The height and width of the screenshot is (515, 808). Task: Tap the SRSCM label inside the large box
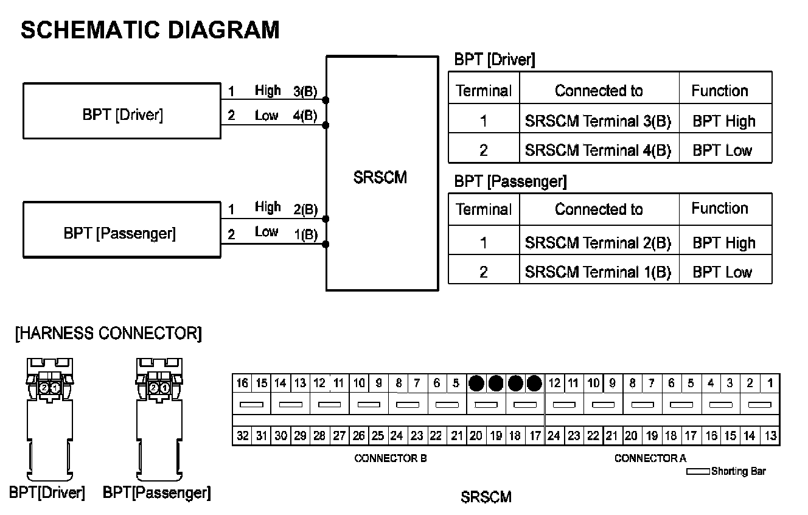point(380,178)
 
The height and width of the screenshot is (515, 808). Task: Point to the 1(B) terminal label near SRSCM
point(305,234)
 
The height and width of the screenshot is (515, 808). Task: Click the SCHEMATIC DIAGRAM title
point(150,29)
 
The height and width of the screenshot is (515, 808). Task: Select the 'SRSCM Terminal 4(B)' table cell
point(598,150)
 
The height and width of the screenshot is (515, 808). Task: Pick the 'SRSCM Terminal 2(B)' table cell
point(598,243)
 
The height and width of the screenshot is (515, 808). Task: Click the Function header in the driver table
point(720,91)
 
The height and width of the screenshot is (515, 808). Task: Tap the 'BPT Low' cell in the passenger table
point(723,272)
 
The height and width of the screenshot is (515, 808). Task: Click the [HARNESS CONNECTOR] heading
point(108,334)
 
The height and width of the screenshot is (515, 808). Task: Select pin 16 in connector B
point(242,384)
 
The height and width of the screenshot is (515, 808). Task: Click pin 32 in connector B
point(242,436)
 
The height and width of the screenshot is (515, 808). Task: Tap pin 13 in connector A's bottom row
point(770,436)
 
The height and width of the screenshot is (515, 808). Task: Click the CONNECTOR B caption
point(390,458)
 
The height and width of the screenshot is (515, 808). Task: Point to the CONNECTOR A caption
point(650,458)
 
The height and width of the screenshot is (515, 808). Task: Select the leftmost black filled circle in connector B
point(476,384)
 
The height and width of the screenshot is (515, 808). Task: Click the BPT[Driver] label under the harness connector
point(47,492)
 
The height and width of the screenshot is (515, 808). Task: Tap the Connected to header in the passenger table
point(599,209)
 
